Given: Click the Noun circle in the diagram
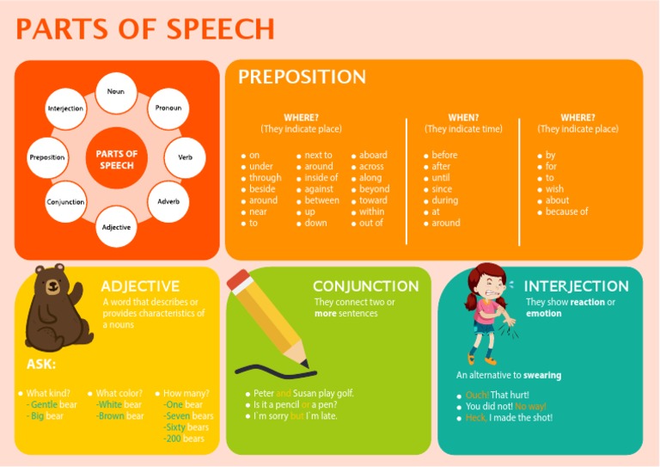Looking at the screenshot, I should pos(116,92).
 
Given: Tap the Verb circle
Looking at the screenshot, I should pos(185,157).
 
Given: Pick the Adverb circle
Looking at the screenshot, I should pos(168,201).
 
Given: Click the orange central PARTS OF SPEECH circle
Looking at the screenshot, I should pos(116,159).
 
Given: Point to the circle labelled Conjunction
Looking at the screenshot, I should pos(65,202).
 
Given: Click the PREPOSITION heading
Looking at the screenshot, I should pos(302,77).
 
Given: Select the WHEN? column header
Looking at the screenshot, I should pos(463,118).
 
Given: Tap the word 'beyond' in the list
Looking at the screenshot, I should pos(374,189).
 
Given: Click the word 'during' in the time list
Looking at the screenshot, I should pos(444,200).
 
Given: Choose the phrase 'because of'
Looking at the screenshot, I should pos(566,212).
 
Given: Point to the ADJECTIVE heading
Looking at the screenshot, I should pos(140,286).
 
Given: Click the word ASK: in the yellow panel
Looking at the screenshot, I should pos(41,364).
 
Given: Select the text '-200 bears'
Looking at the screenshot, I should pos(184,439).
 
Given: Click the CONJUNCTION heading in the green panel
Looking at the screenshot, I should pos(365,286).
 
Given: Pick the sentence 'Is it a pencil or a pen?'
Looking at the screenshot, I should pos(295,404).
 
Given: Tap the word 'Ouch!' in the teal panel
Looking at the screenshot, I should pos(476,396).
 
